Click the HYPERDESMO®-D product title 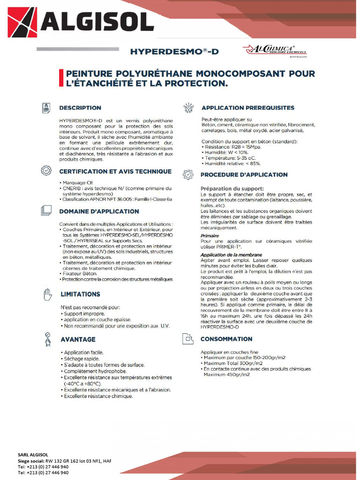(174, 52)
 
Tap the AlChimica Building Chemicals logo (275, 51)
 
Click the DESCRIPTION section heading (80, 108)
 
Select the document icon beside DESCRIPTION (46, 108)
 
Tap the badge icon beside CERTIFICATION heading (46, 171)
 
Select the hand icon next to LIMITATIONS (46, 294)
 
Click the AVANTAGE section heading (78, 339)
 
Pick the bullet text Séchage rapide (82, 359)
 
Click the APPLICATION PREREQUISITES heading (247, 108)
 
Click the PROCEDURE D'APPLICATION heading (244, 174)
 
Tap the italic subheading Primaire (210, 236)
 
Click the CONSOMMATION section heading (226, 339)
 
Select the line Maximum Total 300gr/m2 (233, 363)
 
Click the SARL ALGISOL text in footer (33, 455)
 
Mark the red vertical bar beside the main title (60, 78)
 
